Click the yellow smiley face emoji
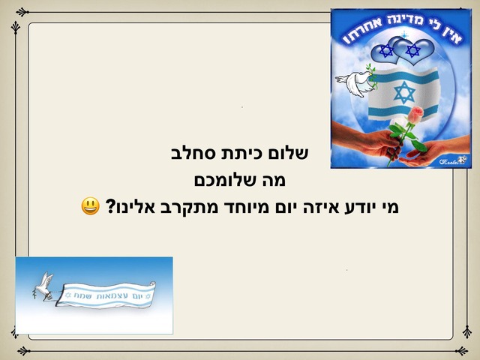pyautogui.click(x=91, y=205)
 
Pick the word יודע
pyautogui.click(x=352, y=205)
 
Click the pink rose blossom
pyautogui.click(x=416, y=115)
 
